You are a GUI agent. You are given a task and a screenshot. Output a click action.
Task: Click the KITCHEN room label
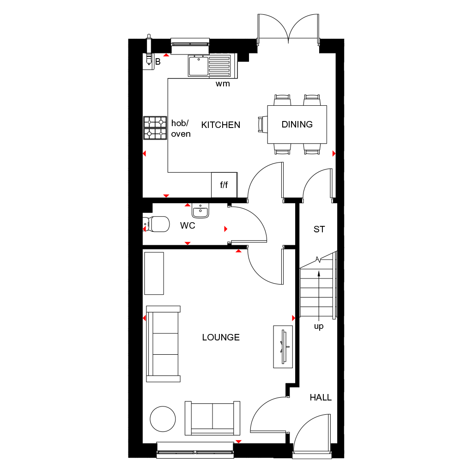pyautogui.click(x=221, y=125)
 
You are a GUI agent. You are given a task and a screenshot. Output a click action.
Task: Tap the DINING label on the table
pyautogui.click(x=297, y=124)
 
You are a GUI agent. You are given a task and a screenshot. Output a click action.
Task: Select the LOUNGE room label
pyautogui.click(x=221, y=337)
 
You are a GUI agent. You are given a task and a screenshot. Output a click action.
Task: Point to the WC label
pyautogui.click(x=188, y=226)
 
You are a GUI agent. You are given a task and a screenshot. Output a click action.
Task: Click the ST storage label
pyautogui.click(x=319, y=229)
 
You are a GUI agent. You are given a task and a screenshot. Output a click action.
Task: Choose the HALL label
pyautogui.click(x=321, y=397)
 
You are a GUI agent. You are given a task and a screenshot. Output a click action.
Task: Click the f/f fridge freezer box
pyautogui.click(x=224, y=185)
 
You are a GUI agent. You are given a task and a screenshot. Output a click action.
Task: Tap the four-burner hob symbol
pyautogui.click(x=155, y=128)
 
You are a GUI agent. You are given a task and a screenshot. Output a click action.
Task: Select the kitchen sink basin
pyautogui.click(x=198, y=65)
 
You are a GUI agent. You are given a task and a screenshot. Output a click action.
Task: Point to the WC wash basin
pyautogui.click(x=200, y=211)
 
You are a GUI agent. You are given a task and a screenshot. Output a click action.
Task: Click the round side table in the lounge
pyautogui.click(x=163, y=419)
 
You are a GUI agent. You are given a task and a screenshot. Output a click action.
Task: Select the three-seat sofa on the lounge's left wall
pyautogui.click(x=163, y=344)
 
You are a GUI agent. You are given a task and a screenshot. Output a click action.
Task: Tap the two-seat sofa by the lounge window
pyautogui.click(x=212, y=418)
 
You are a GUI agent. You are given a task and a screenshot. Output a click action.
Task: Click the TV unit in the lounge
pyautogui.click(x=283, y=346)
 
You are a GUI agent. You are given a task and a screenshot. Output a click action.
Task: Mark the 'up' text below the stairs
pyautogui.click(x=319, y=327)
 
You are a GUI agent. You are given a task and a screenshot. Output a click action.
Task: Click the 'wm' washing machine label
pyautogui.click(x=223, y=84)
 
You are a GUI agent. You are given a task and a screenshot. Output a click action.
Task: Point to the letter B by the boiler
pyautogui.click(x=158, y=62)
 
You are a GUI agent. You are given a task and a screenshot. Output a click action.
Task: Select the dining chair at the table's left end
pyautogui.click(x=262, y=124)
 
